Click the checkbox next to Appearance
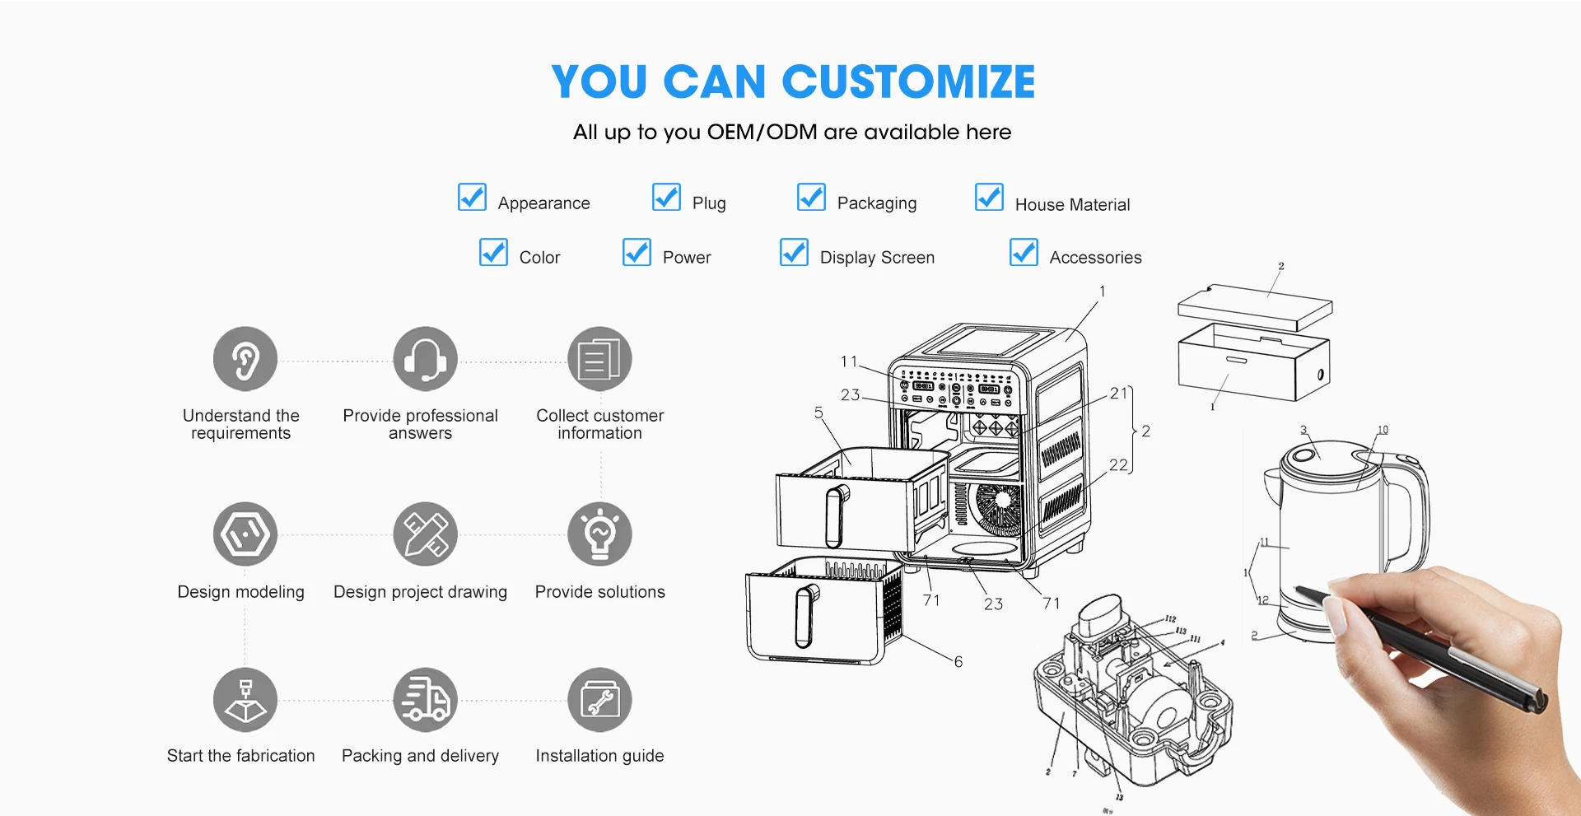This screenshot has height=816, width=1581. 472,198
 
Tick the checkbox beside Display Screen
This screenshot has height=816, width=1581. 794,253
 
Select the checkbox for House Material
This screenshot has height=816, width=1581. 989,198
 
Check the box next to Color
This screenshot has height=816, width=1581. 493,253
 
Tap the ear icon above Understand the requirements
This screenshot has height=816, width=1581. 245,360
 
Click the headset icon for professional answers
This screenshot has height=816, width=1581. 425,360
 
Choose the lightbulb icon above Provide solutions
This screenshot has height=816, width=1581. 599,534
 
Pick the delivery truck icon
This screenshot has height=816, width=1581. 425,700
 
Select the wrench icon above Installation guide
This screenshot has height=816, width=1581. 599,700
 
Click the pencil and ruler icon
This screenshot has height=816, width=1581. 425,534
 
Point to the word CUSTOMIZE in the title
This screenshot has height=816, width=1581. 907,82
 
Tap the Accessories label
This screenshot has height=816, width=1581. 1095,258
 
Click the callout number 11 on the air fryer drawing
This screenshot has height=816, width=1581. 849,361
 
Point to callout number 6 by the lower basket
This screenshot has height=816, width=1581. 958,662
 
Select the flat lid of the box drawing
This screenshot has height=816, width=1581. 1254,307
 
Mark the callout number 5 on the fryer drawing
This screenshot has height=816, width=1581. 818,413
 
